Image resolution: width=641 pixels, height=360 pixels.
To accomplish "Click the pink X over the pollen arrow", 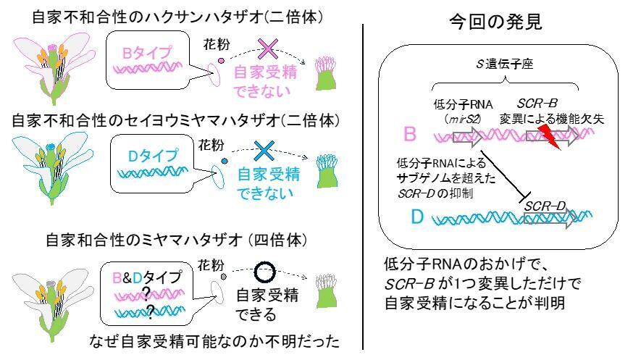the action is (268, 49).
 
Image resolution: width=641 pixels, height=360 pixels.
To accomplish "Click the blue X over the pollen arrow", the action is (264, 151).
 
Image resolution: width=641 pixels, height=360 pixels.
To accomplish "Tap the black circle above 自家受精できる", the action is (264, 272).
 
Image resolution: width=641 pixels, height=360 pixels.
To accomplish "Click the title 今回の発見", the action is (495, 21).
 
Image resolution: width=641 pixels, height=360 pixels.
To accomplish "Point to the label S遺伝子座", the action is (504, 64).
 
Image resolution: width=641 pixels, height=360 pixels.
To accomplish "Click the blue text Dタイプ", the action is (153, 156).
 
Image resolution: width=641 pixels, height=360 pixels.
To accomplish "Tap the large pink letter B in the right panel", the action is (410, 134).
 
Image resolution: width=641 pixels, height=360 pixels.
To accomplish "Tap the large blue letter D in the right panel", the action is (417, 217).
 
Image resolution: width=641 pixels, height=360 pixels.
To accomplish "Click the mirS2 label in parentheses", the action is (462, 120).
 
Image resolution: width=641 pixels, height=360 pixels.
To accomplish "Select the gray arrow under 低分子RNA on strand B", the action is (468, 137).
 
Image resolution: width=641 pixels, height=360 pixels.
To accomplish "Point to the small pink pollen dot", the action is (221, 61).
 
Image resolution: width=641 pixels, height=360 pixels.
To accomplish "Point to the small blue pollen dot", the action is (225, 161).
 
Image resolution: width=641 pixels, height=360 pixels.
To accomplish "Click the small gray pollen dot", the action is (224, 277).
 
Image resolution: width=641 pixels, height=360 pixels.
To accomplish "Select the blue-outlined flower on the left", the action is (52, 167).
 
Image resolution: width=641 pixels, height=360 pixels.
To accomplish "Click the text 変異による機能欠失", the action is (551, 119).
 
